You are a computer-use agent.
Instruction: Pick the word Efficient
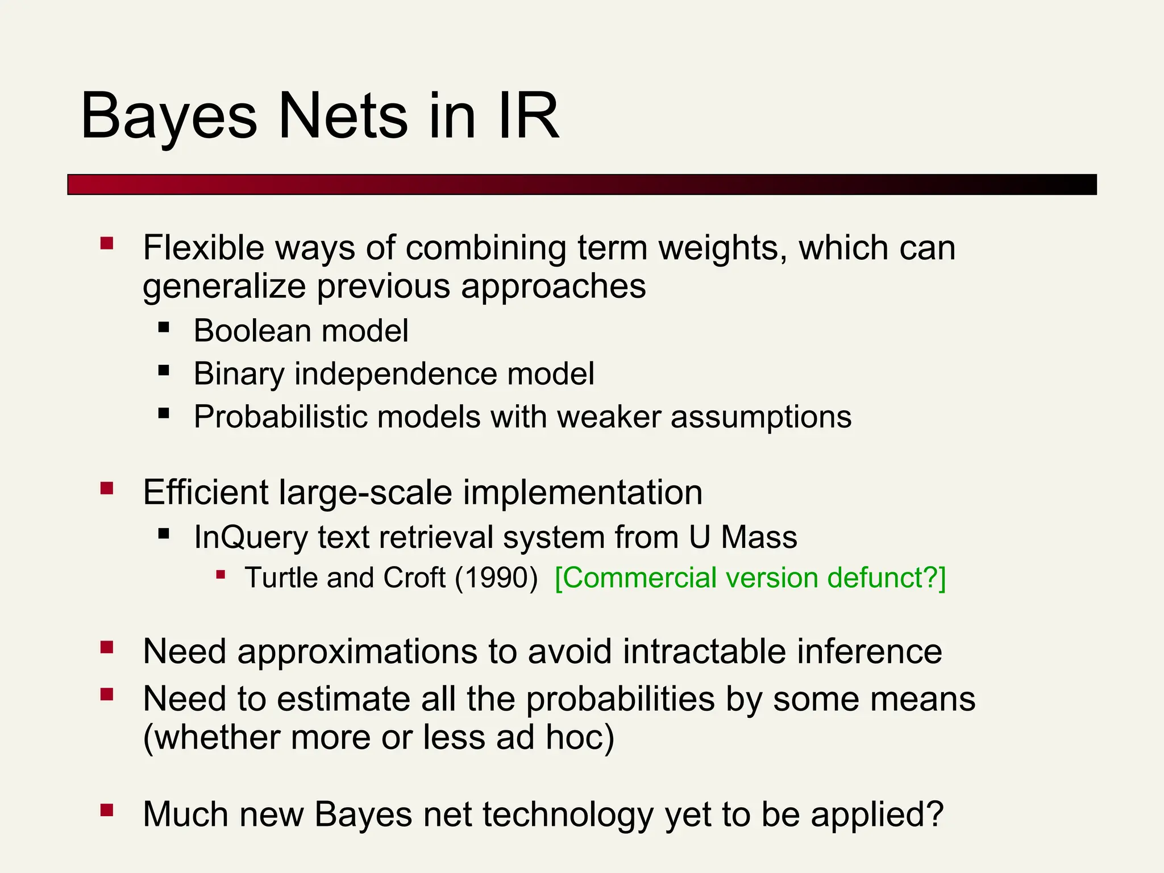click(x=205, y=492)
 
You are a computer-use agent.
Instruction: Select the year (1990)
click(x=496, y=578)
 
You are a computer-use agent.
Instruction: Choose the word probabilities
click(x=620, y=699)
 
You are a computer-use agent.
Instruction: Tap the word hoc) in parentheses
click(x=580, y=737)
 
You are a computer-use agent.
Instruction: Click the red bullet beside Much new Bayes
click(x=107, y=809)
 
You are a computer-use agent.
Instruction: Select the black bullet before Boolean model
click(x=164, y=327)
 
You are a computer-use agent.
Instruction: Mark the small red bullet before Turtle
click(x=221, y=575)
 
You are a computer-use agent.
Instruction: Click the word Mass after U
click(x=759, y=537)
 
